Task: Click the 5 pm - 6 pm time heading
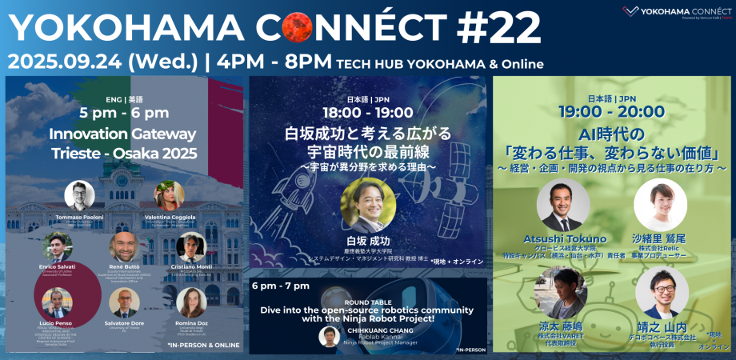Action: click(124, 113)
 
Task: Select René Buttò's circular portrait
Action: click(123, 247)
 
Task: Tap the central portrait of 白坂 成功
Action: click(368, 204)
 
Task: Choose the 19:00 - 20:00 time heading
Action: click(612, 111)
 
